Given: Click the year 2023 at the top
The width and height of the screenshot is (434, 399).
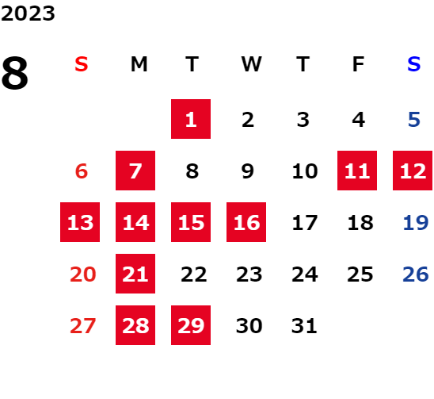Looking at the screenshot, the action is pyautogui.click(x=28, y=13).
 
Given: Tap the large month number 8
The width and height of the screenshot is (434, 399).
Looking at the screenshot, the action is pyautogui.click(x=15, y=73).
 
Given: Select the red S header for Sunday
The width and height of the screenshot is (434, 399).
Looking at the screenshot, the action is pyautogui.click(x=82, y=64).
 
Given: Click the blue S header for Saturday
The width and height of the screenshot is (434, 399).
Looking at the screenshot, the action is pyautogui.click(x=413, y=64).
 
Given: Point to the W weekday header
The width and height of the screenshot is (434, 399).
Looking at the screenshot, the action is pyautogui.click(x=251, y=64).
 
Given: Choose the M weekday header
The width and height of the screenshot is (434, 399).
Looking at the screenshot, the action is pyautogui.click(x=139, y=64).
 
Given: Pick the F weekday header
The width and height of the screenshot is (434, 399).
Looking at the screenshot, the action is pyautogui.click(x=359, y=64).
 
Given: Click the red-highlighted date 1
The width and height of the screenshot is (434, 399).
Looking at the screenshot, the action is pyautogui.click(x=191, y=119).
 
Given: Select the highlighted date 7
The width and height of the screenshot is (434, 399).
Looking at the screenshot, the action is pyautogui.click(x=135, y=171).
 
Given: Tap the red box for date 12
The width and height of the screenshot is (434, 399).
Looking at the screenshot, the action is pyautogui.click(x=413, y=171).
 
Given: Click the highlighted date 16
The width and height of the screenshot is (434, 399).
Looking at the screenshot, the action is pyautogui.click(x=246, y=222).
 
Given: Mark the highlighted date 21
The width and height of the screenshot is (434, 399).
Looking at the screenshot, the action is pyautogui.click(x=135, y=274).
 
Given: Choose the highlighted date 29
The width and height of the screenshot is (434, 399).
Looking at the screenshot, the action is pyautogui.click(x=191, y=325).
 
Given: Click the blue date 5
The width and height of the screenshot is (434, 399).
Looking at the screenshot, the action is pyautogui.click(x=414, y=120).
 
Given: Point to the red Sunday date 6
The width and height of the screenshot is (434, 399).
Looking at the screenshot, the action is pyautogui.click(x=82, y=171).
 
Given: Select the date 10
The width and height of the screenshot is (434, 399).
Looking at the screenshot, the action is pyautogui.click(x=305, y=171).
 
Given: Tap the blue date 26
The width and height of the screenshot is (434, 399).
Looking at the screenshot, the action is pyautogui.click(x=416, y=274).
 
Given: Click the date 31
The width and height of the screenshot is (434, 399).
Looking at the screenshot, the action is pyautogui.click(x=304, y=326).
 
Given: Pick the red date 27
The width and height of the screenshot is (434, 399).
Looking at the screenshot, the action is pyautogui.click(x=82, y=326).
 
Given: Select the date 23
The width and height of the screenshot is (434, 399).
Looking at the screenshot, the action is pyautogui.click(x=249, y=274).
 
